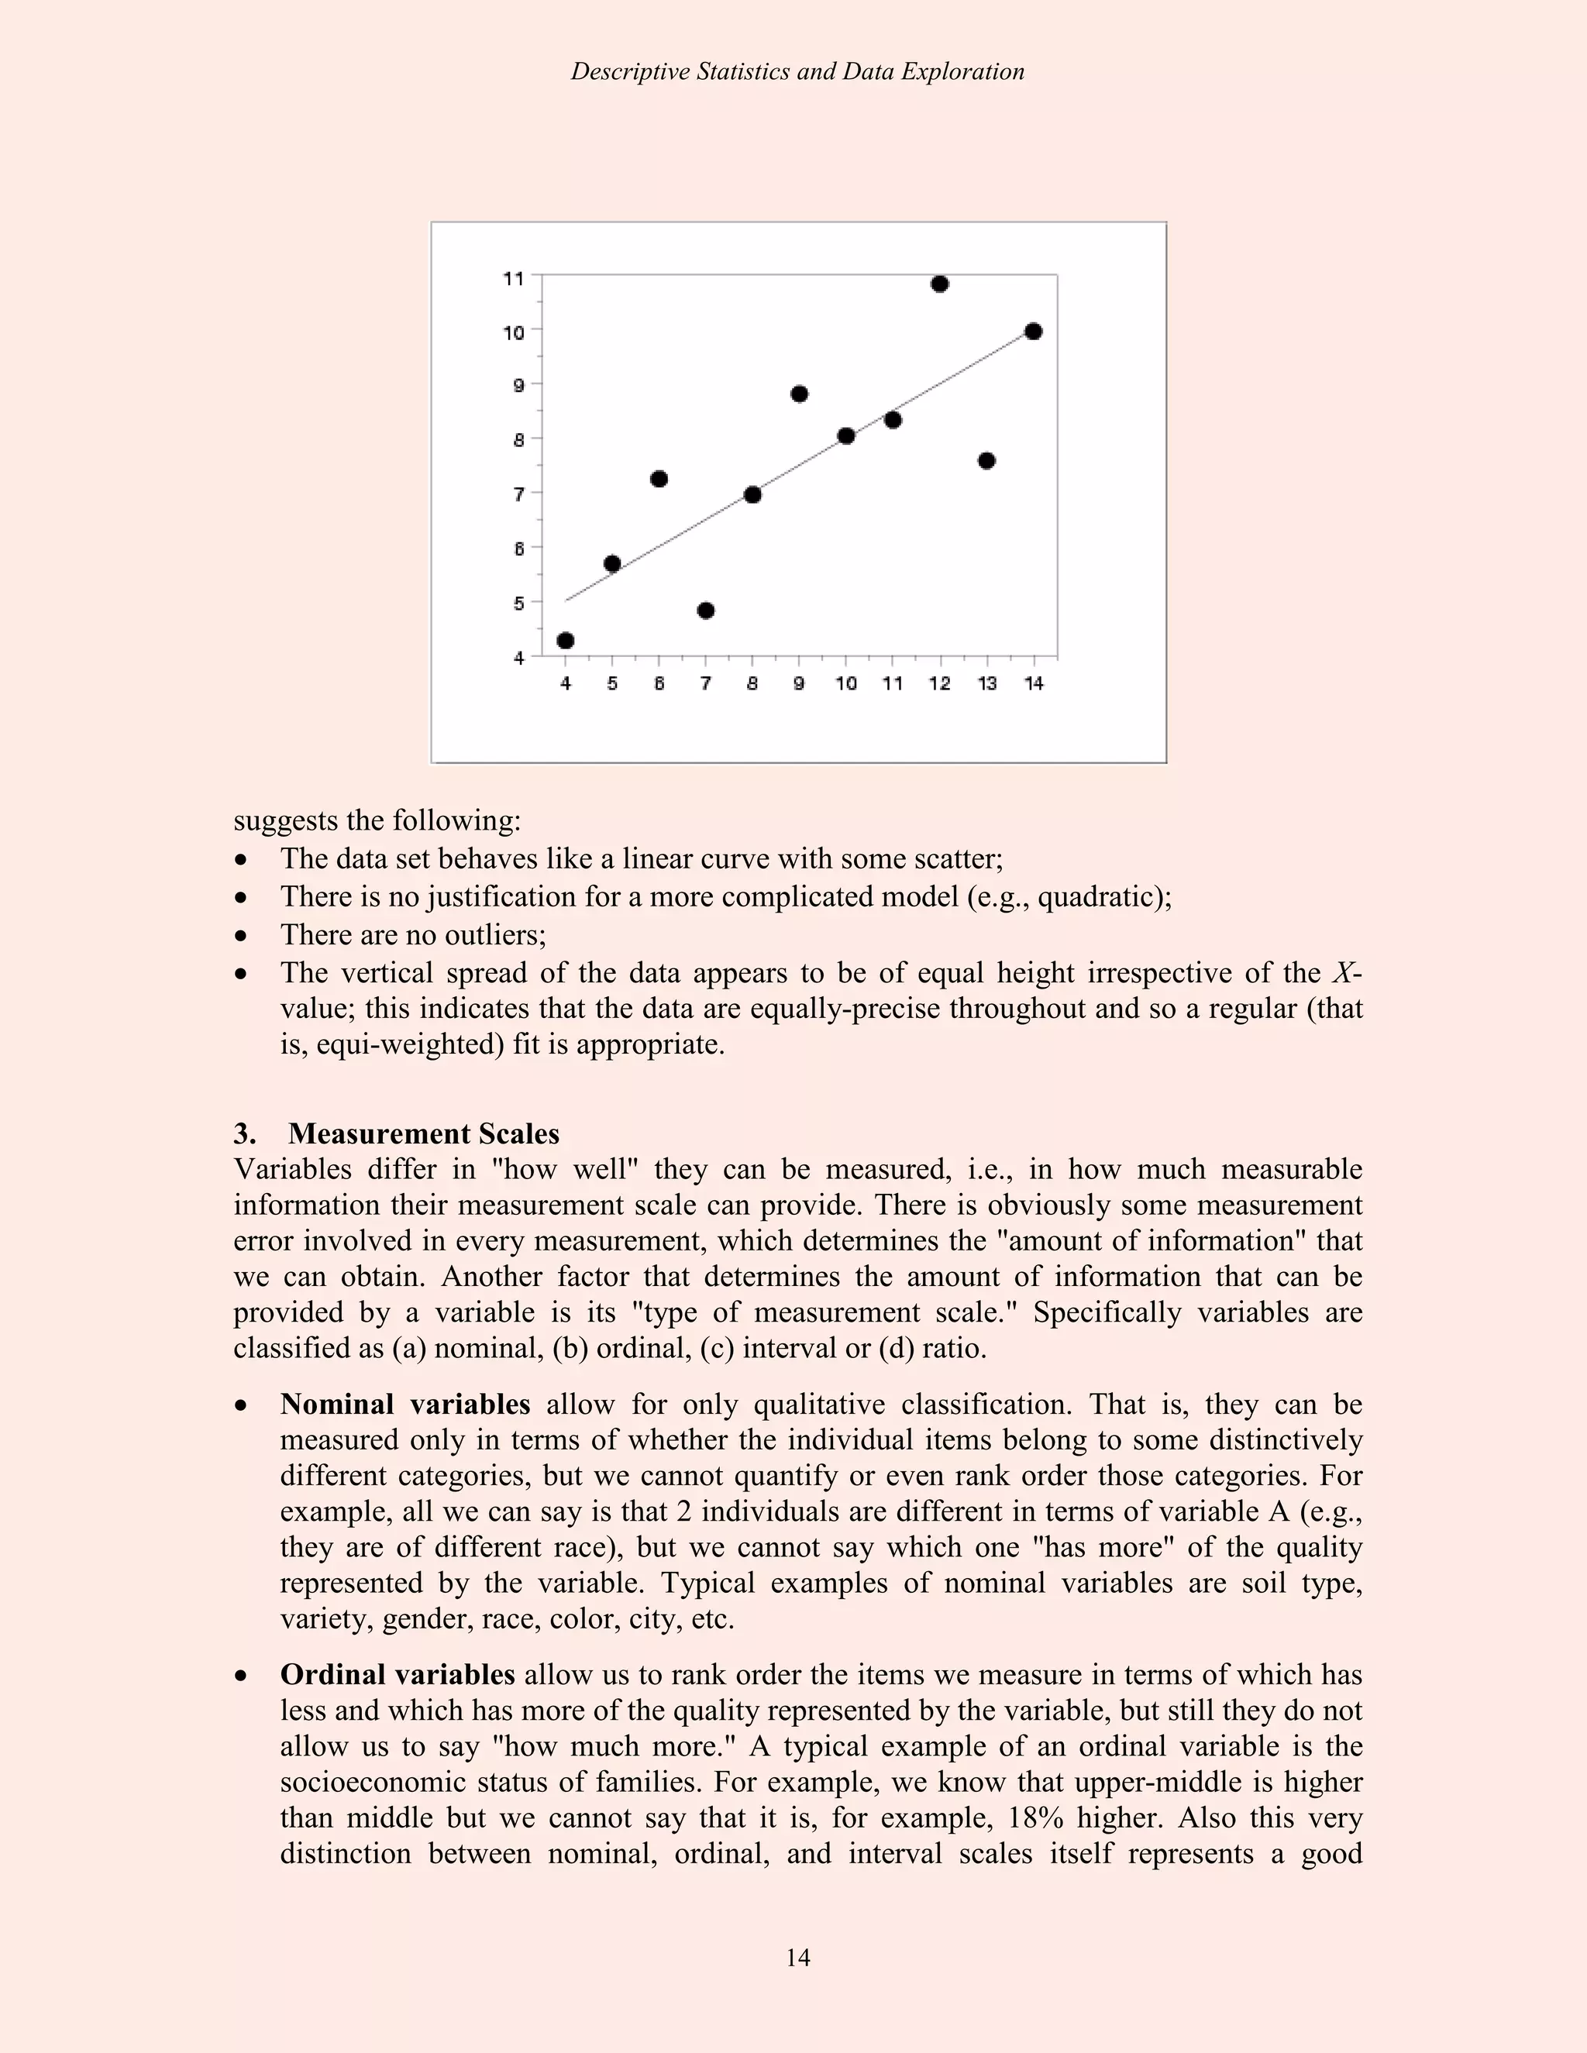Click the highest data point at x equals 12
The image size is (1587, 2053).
(939, 284)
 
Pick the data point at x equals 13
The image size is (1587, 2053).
(986, 461)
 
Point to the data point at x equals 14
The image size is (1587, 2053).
(1033, 331)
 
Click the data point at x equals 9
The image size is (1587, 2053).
(799, 394)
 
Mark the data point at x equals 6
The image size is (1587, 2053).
(659, 480)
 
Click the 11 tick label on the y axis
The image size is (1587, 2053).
(513, 278)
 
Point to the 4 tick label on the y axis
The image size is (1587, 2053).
(519, 658)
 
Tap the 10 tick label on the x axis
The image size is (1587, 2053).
(846, 684)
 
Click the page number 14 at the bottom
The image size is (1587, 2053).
(797, 1957)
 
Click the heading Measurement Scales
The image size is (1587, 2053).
(423, 1133)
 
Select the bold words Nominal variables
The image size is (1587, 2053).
(404, 1405)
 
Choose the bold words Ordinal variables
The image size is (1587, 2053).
(397, 1674)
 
